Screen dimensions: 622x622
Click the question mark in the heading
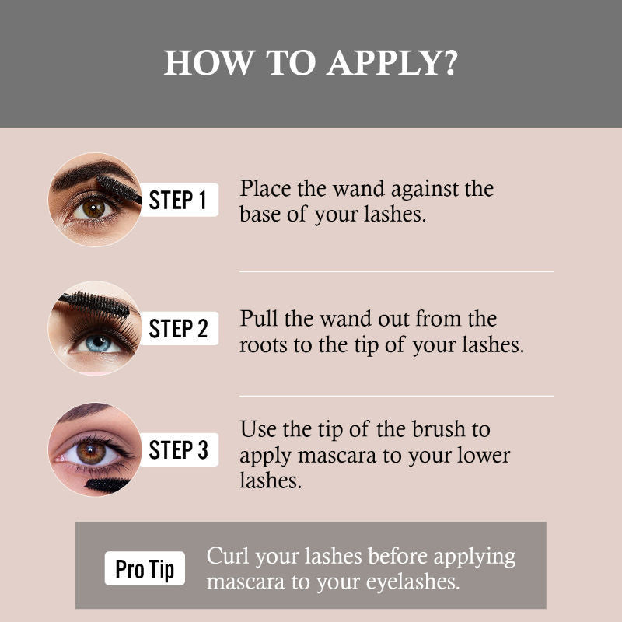click(x=449, y=63)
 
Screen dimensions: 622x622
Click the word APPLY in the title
click(x=382, y=63)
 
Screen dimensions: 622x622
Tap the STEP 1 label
click(x=178, y=200)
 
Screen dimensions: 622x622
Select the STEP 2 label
click(x=178, y=328)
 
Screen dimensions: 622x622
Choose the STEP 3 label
click(x=178, y=450)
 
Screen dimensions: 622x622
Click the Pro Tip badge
click(x=145, y=569)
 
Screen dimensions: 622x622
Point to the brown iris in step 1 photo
click(x=93, y=208)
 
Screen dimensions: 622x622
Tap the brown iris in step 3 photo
click(x=91, y=452)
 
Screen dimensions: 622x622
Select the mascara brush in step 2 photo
click(x=96, y=303)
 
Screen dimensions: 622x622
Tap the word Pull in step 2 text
click(x=256, y=319)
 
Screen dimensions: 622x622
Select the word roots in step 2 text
click(x=264, y=345)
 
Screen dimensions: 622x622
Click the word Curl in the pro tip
click(x=228, y=557)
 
